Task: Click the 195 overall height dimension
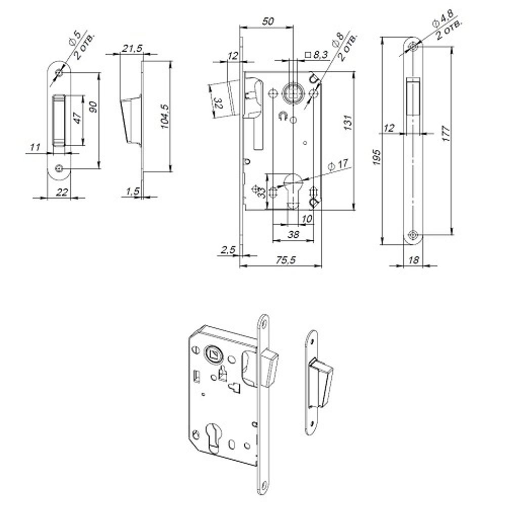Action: (376, 157)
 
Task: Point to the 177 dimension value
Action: (446, 134)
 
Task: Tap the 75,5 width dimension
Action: (285, 260)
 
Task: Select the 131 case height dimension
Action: (348, 122)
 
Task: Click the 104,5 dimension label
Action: (164, 116)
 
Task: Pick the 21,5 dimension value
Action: (132, 49)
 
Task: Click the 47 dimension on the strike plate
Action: (77, 118)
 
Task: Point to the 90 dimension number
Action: (93, 107)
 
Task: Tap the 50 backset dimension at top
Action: (268, 21)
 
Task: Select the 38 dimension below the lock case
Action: (293, 234)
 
